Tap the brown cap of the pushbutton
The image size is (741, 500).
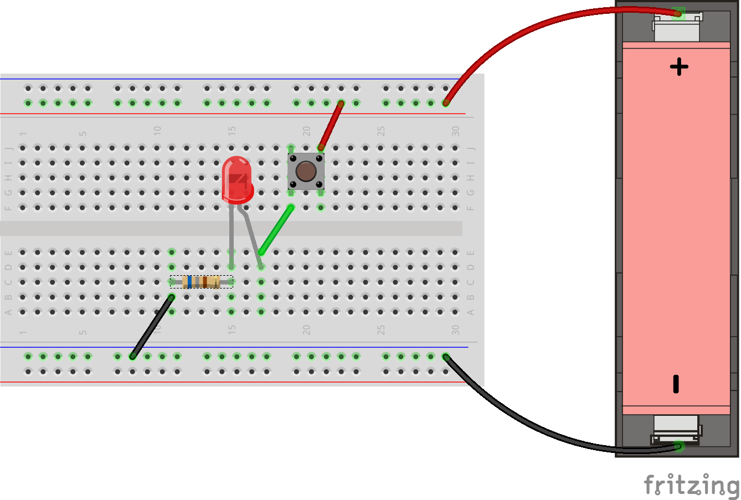306,172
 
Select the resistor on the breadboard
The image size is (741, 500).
202,282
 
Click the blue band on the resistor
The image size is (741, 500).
189,282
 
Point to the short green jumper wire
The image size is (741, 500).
276,230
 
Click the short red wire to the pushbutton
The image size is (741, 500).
331,125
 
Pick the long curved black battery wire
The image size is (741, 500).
532,426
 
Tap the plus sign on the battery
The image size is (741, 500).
679,67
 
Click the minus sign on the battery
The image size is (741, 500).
676,384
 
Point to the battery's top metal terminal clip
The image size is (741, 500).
677,25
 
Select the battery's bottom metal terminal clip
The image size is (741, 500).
677,429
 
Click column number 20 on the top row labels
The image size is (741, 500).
306,131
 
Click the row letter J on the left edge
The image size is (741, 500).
8,148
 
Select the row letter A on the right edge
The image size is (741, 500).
470,312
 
